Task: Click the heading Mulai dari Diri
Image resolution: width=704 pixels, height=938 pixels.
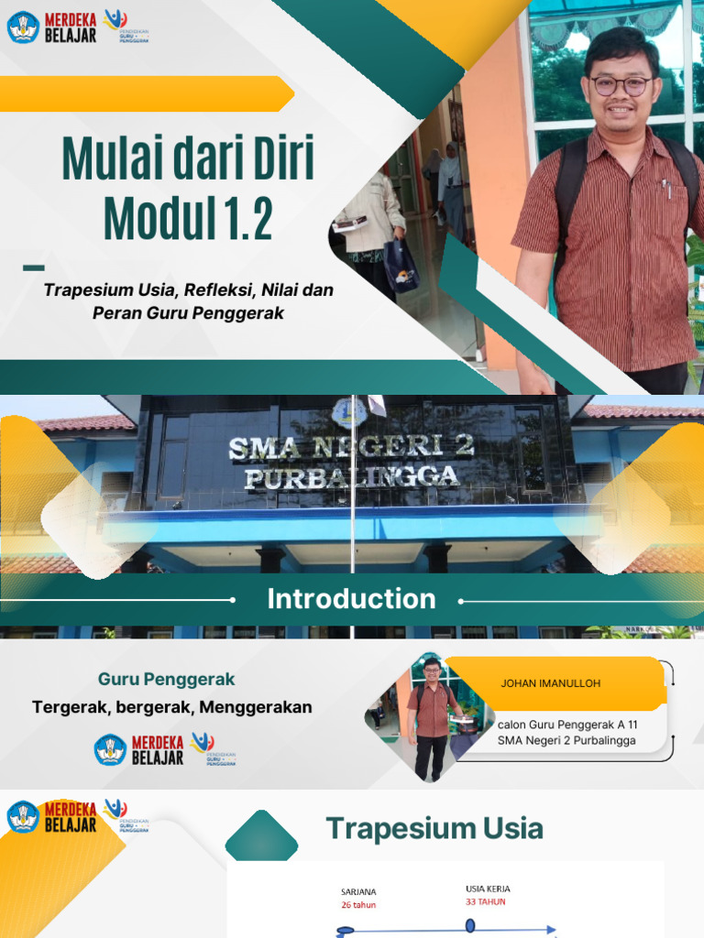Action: tap(188, 158)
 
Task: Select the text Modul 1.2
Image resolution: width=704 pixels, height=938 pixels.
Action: tap(188, 217)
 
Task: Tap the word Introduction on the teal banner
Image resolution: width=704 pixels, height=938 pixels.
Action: tap(351, 599)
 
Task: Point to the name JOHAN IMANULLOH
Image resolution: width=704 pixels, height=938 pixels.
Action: tap(550, 683)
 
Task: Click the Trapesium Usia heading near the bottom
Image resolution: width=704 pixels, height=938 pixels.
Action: tap(434, 829)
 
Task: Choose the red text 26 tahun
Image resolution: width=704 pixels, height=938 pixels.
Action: tap(358, 905)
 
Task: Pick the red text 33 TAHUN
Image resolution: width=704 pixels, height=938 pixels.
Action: tap(486, 901)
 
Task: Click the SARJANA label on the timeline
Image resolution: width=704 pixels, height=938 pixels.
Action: tap(358, 891)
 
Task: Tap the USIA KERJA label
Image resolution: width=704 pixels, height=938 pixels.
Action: tap(488, 889)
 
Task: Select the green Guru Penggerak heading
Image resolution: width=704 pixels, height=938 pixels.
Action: tap(167, 680)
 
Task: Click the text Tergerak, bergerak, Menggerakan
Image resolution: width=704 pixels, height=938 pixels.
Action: tap(172, 707)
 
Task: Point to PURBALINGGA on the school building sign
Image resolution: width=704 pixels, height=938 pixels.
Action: tap(351, 476)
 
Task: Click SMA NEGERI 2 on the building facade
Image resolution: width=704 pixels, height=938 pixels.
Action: tap(351, 447)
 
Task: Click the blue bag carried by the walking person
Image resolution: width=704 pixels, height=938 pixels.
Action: tap(401, 264)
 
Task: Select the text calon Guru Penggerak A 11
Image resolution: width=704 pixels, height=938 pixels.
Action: tap(567, 724)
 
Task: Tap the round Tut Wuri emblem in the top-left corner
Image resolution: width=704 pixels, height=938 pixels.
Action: tap(22, 27)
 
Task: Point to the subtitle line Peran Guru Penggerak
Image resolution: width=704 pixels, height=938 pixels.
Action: tap(189, 312)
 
